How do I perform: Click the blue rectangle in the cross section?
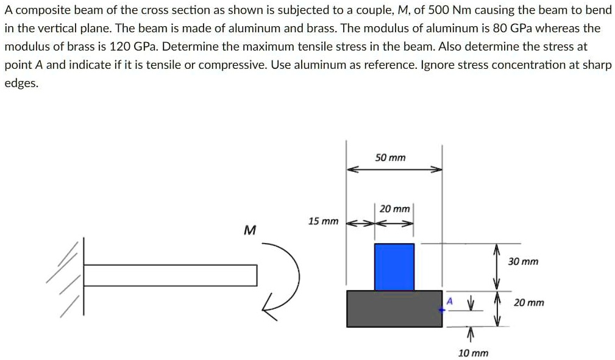coord(394,266)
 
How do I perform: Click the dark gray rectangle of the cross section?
coord(394,308)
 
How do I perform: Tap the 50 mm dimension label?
coord(390,158)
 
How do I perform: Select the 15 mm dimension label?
coord(323,221)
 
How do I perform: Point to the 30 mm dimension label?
coord(523,261)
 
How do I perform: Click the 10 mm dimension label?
coord(473,353)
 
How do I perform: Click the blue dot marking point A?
coord(443,309)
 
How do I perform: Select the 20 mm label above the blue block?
coord(394,209)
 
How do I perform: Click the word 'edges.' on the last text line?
coord(21,83)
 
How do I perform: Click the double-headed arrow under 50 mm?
coord(394,171)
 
